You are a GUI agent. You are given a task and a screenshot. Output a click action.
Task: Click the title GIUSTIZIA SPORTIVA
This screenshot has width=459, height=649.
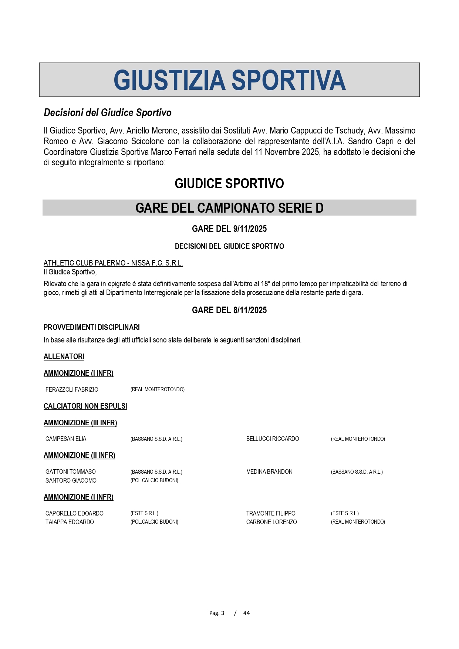click(229, 80)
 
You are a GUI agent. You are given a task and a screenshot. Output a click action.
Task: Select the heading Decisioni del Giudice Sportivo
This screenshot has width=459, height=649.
click(108, 113)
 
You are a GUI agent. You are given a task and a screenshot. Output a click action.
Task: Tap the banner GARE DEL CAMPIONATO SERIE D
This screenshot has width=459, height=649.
click(229, 208)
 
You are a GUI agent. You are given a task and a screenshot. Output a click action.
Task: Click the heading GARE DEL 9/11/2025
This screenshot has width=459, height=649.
click(229, 229)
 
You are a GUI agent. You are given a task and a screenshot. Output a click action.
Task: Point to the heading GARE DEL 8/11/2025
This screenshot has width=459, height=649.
click(229, 310)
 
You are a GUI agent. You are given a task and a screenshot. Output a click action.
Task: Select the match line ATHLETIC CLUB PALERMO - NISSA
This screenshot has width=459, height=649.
click(113, 263)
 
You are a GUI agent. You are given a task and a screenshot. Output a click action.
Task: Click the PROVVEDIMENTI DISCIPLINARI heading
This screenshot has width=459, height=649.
click(92, 327)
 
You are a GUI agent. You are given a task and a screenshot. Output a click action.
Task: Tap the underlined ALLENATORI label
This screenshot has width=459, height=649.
click(64, 356)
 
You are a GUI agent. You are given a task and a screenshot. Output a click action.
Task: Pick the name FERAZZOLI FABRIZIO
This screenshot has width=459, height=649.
click(72, 389)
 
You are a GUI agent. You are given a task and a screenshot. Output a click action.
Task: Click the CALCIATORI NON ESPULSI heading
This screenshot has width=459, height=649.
click(85, 406)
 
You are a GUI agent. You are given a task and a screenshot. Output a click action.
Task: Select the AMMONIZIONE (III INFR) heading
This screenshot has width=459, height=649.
click(80, 423)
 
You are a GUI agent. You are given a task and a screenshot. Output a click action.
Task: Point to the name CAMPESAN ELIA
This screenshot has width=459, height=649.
click(66, 439)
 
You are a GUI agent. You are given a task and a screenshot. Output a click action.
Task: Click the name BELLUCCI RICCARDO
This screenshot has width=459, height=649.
click(273, 439)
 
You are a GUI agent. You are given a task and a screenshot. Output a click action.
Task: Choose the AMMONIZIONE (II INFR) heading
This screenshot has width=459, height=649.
click(80, 455)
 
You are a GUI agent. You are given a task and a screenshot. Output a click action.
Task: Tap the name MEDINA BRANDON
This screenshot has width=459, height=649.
click(269, 472)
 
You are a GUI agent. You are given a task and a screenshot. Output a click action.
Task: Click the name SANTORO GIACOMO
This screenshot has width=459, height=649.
click(71, 480)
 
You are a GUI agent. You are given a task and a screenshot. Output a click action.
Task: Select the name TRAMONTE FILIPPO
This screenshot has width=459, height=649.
click(271, 513)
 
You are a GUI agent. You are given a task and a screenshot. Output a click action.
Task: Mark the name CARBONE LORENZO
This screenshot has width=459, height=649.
click(271, 522)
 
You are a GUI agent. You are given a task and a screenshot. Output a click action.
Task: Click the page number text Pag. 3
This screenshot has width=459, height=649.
click(217, 613)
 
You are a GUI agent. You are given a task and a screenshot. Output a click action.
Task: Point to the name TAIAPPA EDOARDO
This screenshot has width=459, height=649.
click(70, 522)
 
